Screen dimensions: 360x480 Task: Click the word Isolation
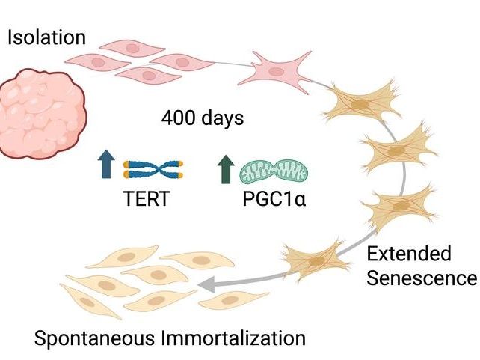click(x=46, y=37)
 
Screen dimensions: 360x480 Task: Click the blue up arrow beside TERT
click(x=105, y=165)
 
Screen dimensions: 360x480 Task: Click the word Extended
click(x=408, y=254)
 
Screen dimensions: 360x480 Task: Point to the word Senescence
click(x=421, y=278)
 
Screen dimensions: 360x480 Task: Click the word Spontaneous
click(x=93, y=337)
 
